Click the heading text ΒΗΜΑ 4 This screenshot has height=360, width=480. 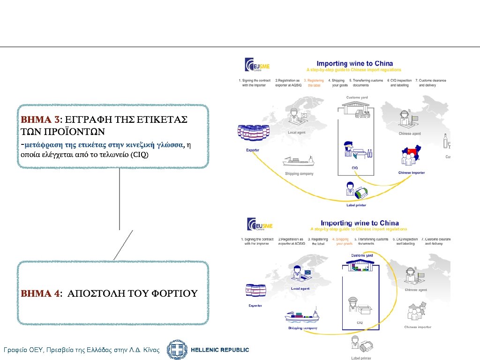(x=40, y=294)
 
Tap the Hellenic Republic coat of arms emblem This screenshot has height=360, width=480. (x=177, y=350)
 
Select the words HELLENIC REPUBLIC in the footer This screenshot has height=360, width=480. (x=221, y=350)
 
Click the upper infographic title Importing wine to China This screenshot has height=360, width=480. (x=354, y=64)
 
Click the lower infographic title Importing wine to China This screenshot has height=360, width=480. (x=360, y=223)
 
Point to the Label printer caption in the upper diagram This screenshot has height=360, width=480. (x=356, y=205)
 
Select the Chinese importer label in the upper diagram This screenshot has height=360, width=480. (x=411, y=173)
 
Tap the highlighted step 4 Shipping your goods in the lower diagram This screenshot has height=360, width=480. (x=343, y=241)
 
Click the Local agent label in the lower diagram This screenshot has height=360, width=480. (x=300, y=289)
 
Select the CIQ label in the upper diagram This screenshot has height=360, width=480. (x=355, y=168)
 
